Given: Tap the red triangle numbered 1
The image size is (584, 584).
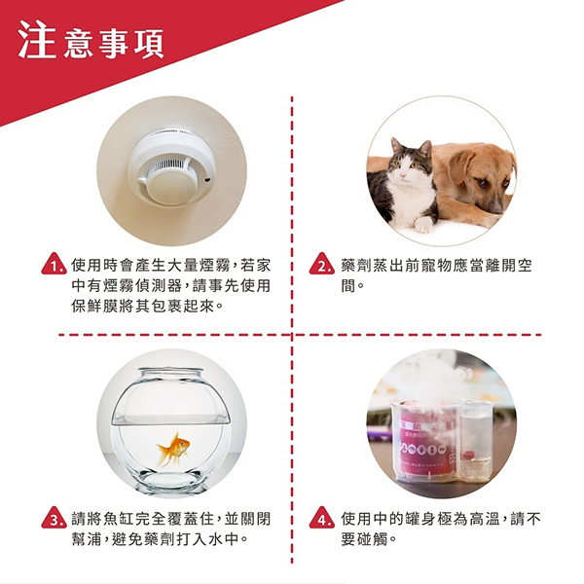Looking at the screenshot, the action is click(x=54, y=264).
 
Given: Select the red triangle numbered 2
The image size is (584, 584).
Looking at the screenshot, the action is click(x=322, y=264).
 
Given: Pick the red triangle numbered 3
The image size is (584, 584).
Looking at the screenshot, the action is click(x=54, y=518).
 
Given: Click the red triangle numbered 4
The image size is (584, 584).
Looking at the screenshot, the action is click(x=322, y=518).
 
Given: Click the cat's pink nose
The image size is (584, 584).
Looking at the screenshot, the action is click(x=402, y=176).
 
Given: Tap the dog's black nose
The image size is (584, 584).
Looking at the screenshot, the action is click(x=497, y=209).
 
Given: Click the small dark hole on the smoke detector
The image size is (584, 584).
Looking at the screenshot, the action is click(x=207, y=181).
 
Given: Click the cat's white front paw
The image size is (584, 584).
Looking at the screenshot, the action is click(x=424, y=224).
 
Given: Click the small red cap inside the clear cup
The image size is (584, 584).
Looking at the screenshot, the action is click(x=469, y=455).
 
